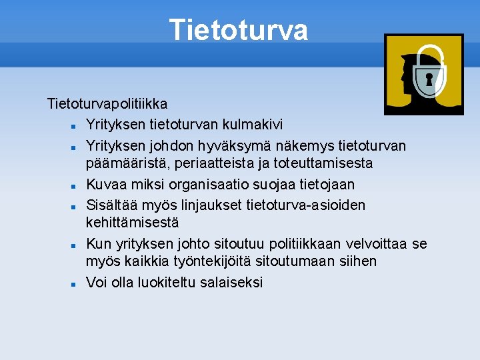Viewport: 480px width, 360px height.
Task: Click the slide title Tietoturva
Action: coord(239,30)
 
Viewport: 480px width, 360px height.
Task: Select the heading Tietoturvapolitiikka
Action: coord(107,104)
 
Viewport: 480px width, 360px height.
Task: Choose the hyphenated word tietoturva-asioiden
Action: coord(306,205)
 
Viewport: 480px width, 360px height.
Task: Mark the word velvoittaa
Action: coord(377,244)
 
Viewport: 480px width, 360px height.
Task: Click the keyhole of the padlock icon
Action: coord(429,81)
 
